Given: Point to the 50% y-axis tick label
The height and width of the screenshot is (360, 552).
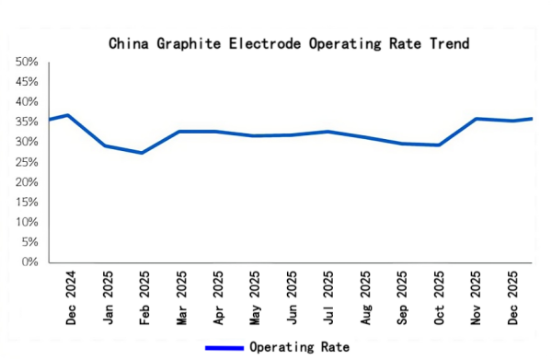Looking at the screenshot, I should pyautogui.click(x=27, y=63).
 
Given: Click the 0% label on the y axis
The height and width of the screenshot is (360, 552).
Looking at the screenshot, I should pyautogui.click(x=29, y=262).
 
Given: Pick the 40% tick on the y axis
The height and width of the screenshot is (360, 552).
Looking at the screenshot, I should pyautogui.click(x=27, y=102).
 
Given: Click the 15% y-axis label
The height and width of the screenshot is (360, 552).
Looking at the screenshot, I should pyautogui.click(x=27, y=203).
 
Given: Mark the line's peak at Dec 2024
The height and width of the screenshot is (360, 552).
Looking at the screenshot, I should pyautogui.click(x=68, y=115).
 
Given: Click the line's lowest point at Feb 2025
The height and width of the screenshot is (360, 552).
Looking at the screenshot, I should pyautogui.click(x=142, y=153).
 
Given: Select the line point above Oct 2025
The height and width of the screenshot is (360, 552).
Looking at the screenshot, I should pyautogui.click(x=439, y=145).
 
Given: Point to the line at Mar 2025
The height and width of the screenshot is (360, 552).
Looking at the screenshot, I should pyautogui.click(x=178, y=132).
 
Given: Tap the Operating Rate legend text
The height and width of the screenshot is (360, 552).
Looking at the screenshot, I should pyautogui.click(x=299, y=347).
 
